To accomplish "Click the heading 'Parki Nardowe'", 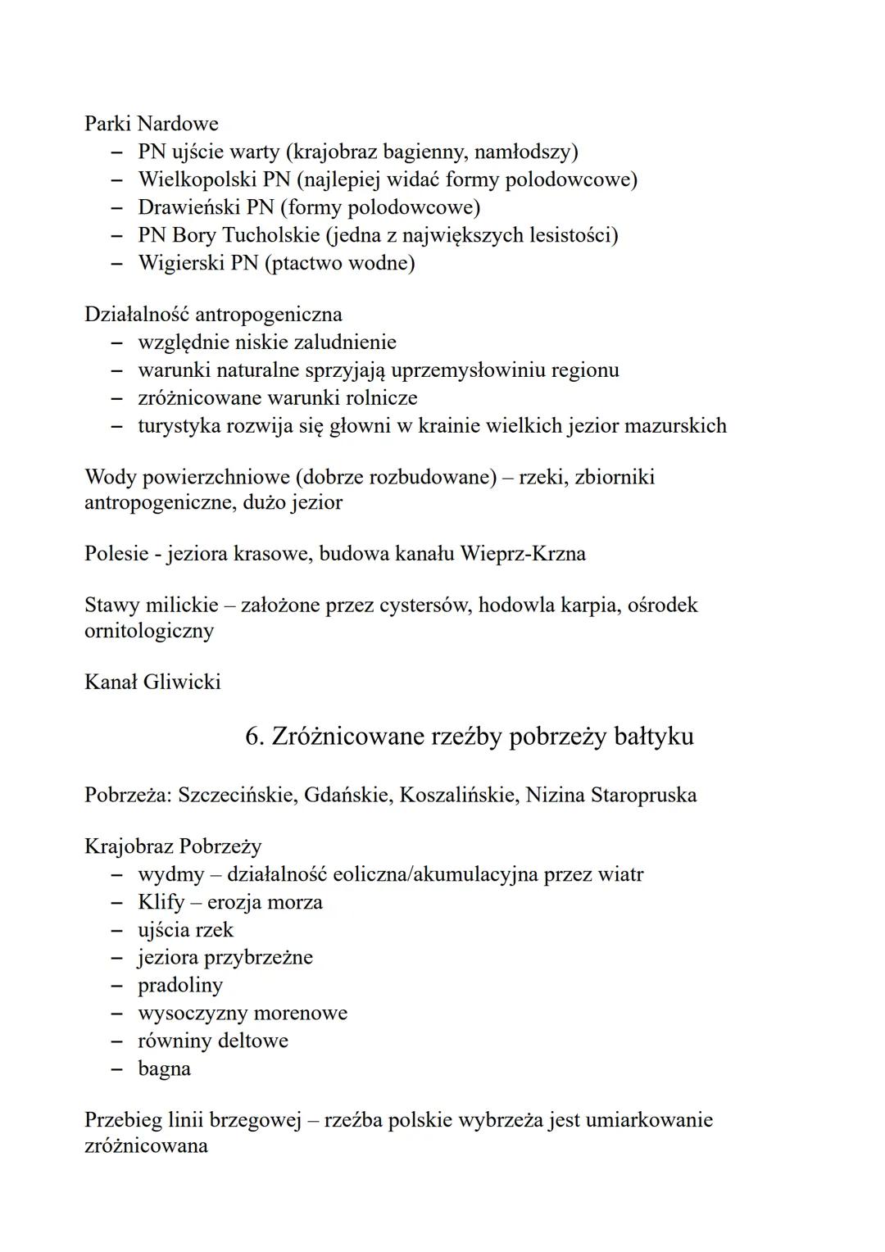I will point(151,124).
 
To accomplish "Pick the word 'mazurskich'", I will point(675,425).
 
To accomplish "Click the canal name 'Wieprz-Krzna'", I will point(523,553).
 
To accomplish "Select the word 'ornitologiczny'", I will point(148,631).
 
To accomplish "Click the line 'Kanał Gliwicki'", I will point(152,682).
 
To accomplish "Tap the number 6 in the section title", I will point(253,736).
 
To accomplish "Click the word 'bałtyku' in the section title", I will point(653,736).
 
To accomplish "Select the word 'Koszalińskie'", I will point(456,795).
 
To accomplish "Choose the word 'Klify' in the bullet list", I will point(161,902).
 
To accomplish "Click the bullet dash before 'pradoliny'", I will point(119,986).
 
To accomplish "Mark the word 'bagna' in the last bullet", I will point(164,1068).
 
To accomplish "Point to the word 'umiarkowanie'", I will point(649,1119).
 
